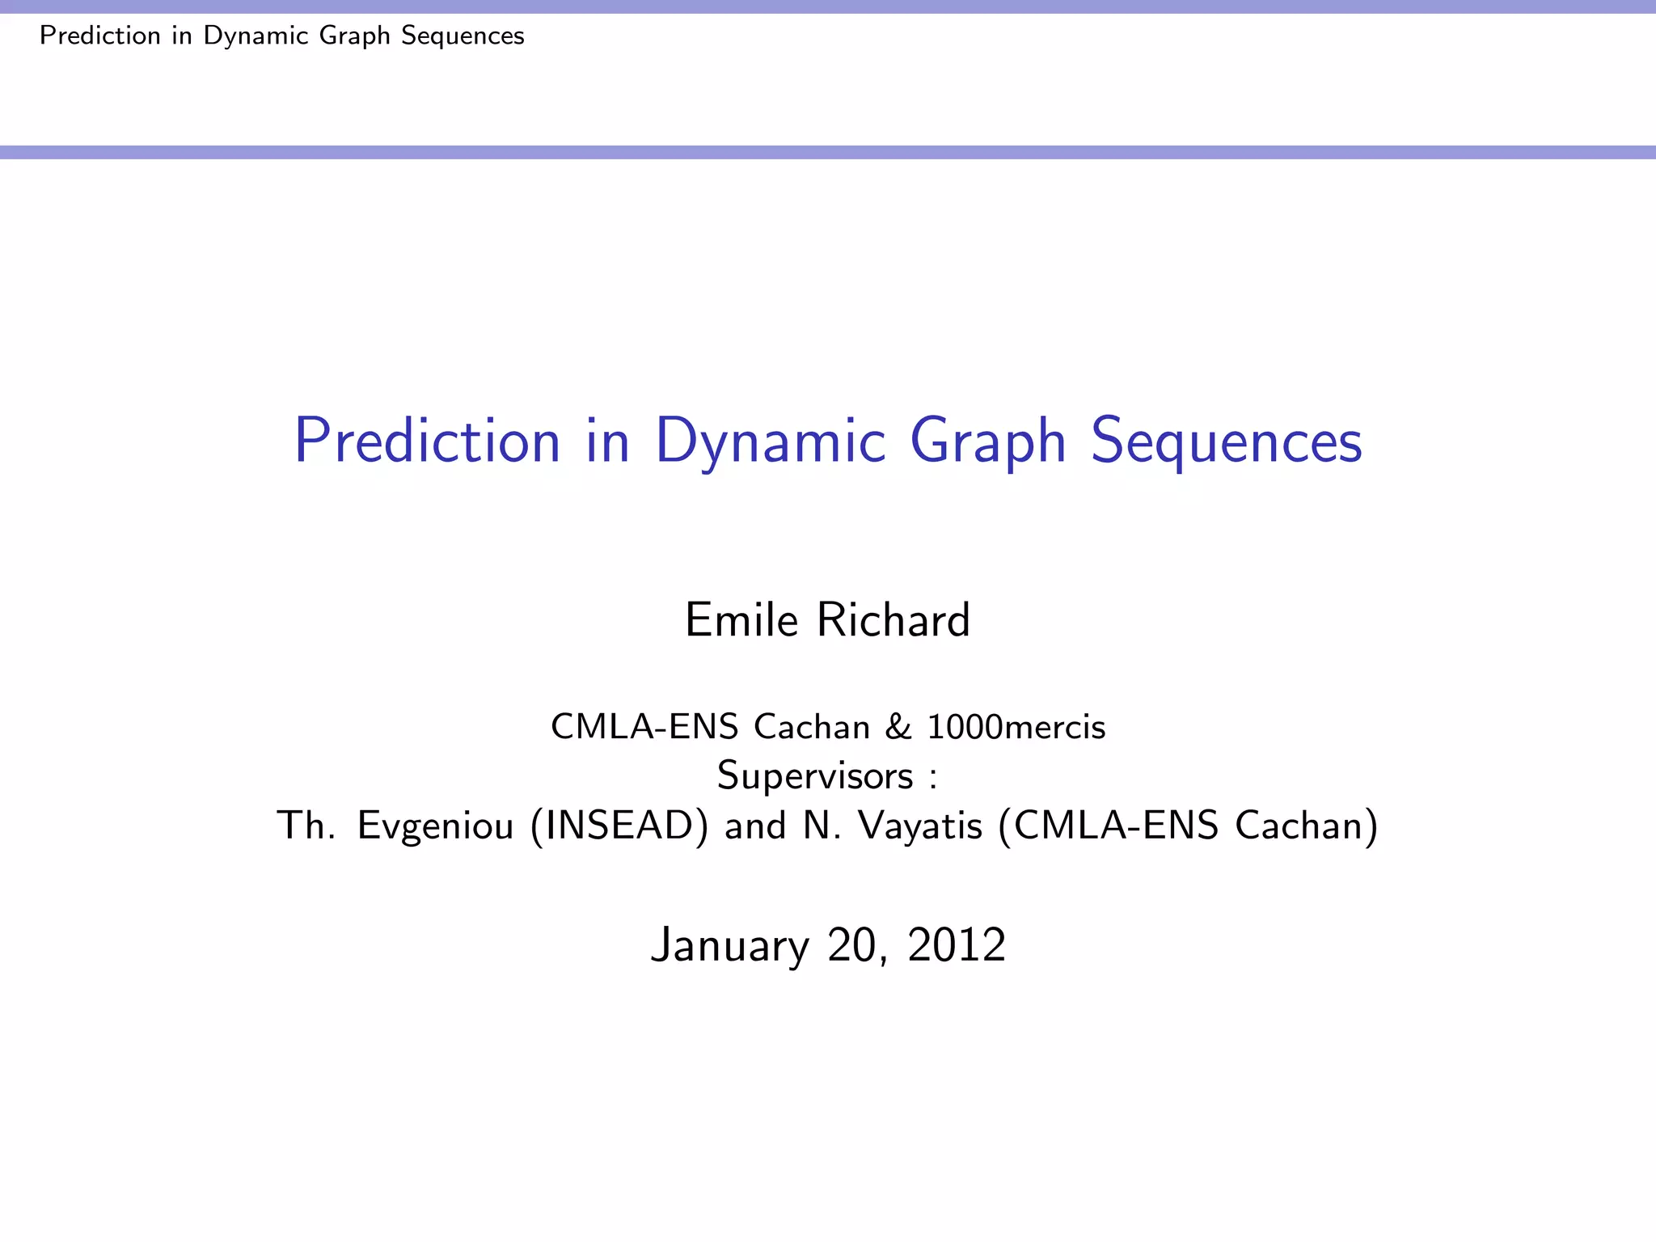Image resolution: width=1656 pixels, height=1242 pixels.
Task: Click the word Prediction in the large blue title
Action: [x=427, y=441]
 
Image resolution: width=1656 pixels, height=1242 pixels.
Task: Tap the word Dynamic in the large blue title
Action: [x=770, y=441]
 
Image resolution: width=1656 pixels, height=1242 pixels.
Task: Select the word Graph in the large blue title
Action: [x=987, y=441]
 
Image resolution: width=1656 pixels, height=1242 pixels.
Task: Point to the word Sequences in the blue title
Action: [x=1226, y=441]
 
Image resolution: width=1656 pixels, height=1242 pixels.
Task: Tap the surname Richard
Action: [x=893, y=620]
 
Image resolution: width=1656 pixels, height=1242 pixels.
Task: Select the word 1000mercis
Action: [x=1016, y=727]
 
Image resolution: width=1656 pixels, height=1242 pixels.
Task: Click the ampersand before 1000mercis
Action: [x=898, y=727]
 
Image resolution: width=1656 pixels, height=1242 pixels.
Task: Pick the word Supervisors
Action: [x=815, y=776]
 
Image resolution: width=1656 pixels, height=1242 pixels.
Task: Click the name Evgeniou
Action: [x=435, y=826]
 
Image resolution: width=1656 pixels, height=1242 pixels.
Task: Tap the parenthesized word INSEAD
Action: [x=620, y=826]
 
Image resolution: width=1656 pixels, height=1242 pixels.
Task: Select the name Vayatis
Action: [x=920, y=826]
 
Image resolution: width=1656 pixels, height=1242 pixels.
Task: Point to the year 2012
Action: [x=957, y=944]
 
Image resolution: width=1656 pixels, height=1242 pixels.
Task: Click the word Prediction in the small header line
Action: [x=100, y=36]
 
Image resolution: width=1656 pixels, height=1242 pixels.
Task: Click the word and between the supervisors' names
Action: [x=755, y=826]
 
